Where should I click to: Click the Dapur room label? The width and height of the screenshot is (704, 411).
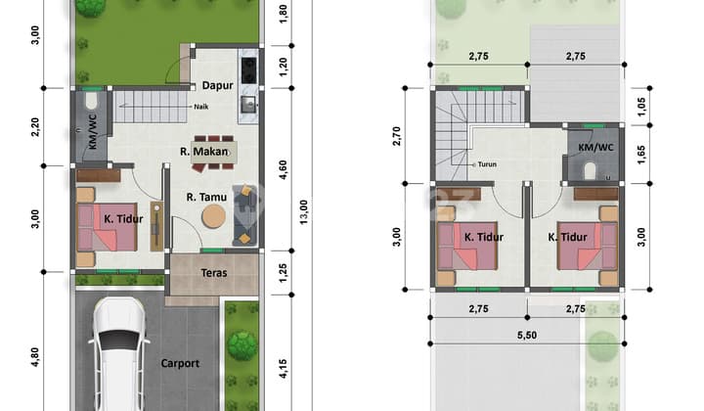(x=217, y=85)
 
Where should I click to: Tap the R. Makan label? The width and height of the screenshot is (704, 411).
(x=204, y=152)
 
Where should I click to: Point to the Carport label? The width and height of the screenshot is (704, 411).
(x=180, y=364)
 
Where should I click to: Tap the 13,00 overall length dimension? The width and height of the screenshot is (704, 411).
(x=303, y=210)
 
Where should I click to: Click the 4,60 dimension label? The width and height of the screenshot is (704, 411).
(x=283, y=168)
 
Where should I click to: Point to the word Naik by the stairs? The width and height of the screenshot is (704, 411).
(x=200, y=107)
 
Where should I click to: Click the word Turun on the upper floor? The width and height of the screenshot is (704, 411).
(x=487, y=164)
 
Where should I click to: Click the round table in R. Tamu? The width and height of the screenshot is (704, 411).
(x=213, y=219)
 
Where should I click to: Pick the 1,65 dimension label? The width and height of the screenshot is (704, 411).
(x=641, y=153)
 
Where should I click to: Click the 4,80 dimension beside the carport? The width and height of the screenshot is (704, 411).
(x=35, y=356)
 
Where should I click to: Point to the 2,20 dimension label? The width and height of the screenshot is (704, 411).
(x=35, y=127)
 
